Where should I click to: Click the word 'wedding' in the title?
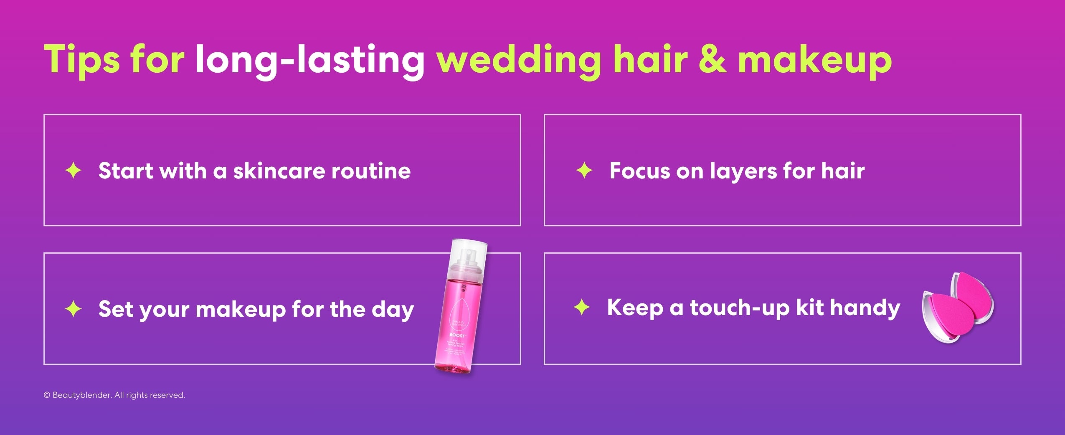518,60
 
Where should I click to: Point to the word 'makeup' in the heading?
814,60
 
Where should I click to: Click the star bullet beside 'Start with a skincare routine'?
74,171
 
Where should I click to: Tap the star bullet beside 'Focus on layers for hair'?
584,171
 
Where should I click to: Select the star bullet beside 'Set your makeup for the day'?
74,309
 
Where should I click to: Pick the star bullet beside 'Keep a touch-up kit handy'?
582,308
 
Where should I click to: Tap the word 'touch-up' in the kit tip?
739,308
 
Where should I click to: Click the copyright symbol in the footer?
47,395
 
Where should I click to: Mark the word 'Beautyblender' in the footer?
82,395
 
